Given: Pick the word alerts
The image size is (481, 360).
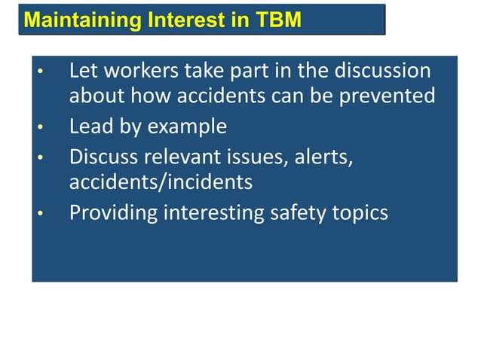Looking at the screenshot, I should pos(325,157).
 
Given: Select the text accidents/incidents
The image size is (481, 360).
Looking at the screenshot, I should pos(161,182).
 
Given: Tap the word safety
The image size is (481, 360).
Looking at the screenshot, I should pos(299,213).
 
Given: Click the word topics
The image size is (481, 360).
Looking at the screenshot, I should pos(360,213).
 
